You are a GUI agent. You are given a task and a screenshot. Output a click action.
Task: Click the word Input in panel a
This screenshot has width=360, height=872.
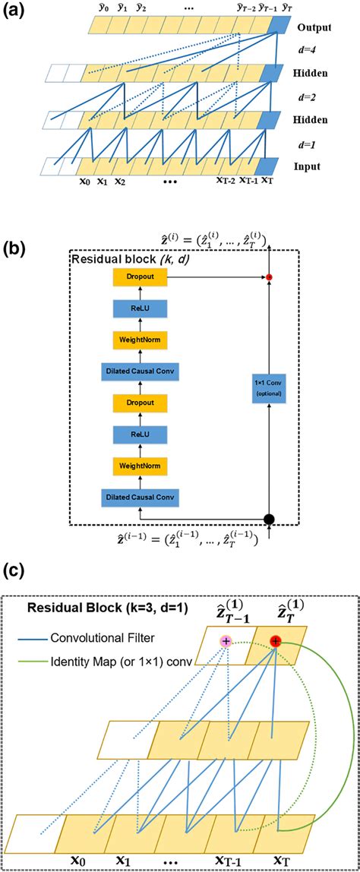(311, 166)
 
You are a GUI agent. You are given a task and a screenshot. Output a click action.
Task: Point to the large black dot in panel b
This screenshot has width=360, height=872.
(270, 520)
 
